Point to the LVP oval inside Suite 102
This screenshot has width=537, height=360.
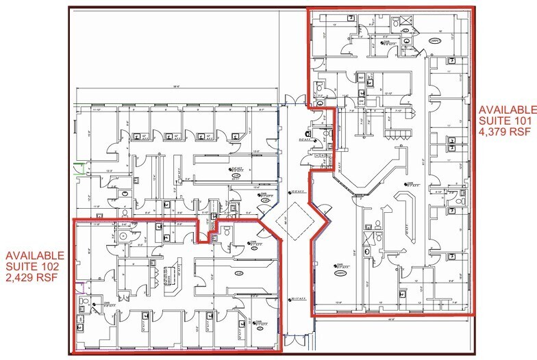click(239, 274)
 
